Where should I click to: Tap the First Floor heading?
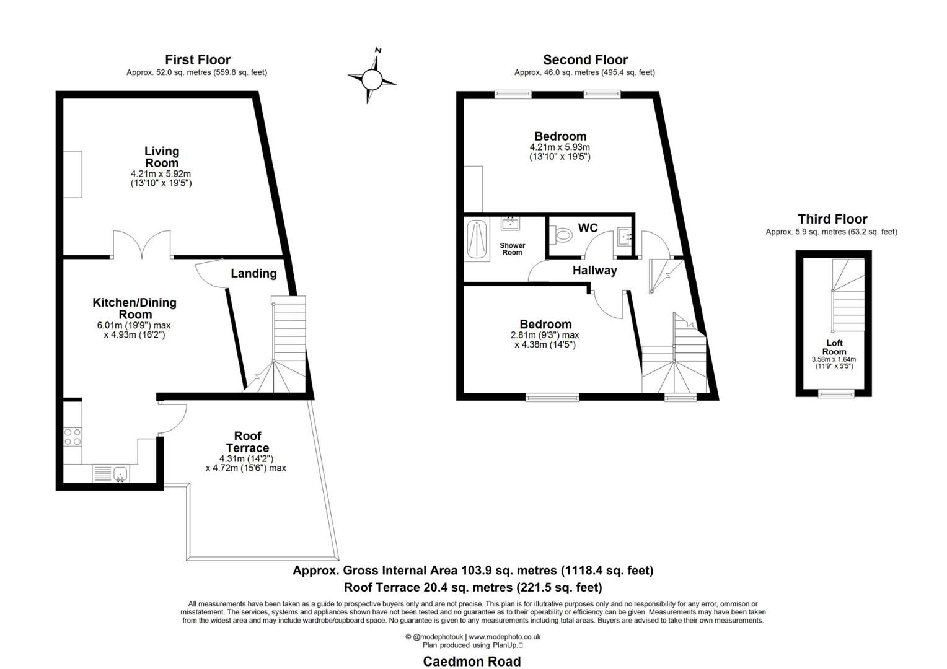(197, 60)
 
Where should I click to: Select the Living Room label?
(161, 157)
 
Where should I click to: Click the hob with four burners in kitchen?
(73, 437)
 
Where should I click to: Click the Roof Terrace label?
(247, 442)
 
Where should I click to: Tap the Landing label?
(253, 273)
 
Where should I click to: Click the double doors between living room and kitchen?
(141, 245)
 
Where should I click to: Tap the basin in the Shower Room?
(509, 224)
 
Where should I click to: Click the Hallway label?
(594, 271)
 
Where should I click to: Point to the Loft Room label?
(834, 347)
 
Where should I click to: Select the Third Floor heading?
(832, 219)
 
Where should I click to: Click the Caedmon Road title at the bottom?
(472, 661)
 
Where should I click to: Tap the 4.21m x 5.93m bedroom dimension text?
(559, 147)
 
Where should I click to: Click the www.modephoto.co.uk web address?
(504, 636)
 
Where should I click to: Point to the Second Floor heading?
(585, 60)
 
